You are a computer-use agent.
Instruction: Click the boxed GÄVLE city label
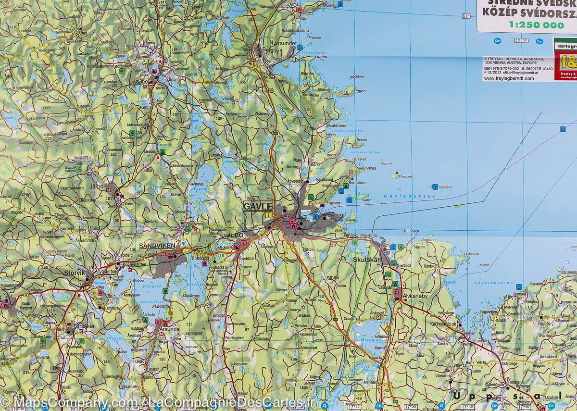[258, 206]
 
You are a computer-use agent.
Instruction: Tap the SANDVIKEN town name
[155, 246]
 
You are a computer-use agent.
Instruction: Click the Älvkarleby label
[415, 296]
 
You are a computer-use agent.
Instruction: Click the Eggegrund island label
[446, 187]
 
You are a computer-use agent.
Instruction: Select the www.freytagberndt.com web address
[509, 78]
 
